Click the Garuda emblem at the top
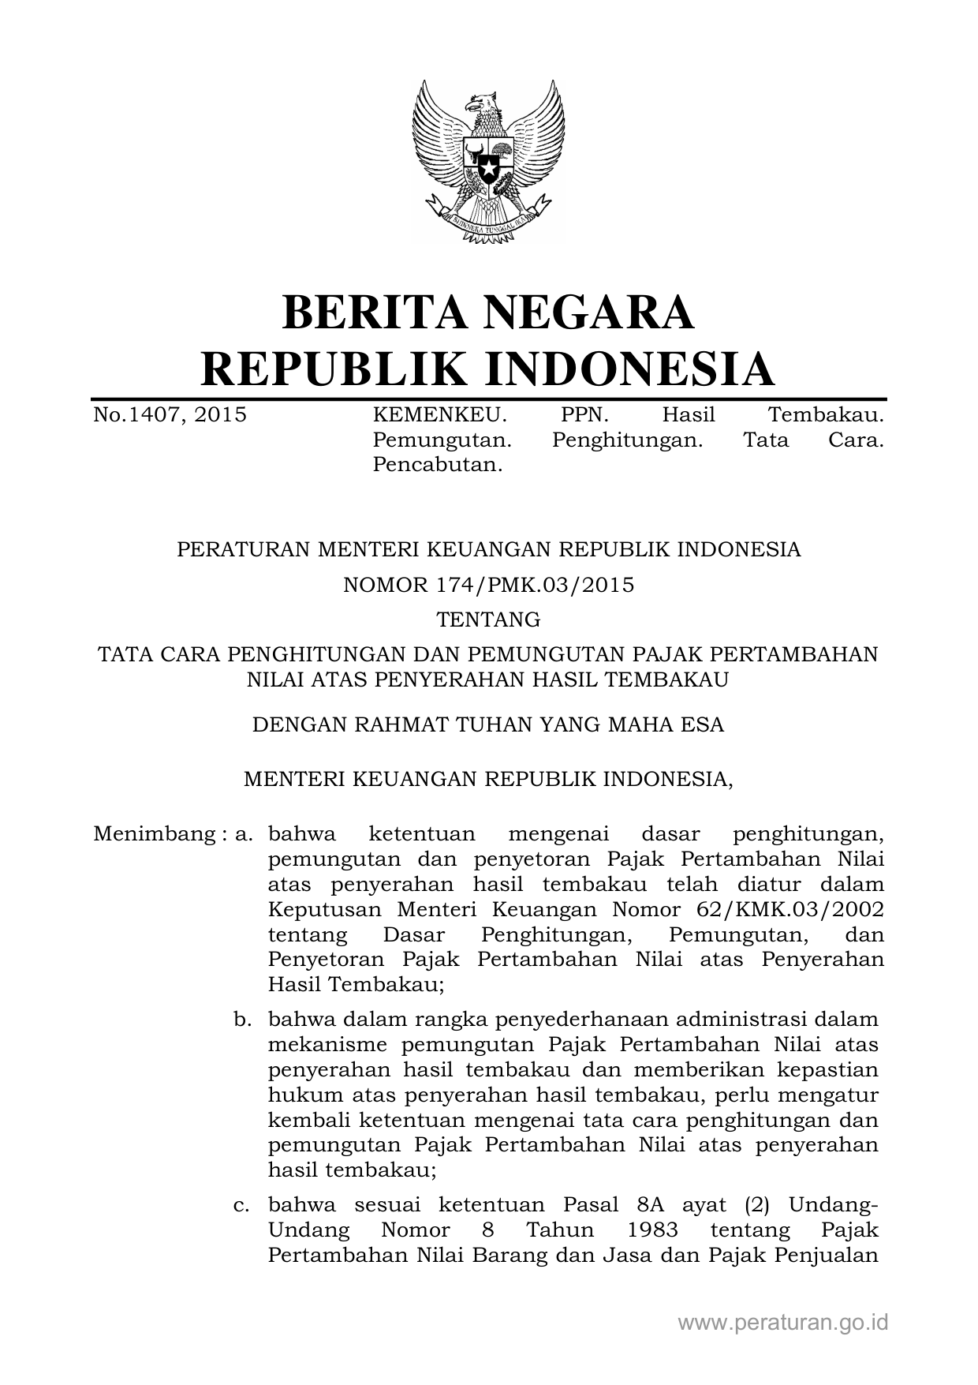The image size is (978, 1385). (488, 162)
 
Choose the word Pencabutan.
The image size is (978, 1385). (437, 465)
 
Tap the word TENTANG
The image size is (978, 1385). (488, 620)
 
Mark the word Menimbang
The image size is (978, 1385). (150, 834)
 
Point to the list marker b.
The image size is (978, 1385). (242, 1020)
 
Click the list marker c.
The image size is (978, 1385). (242, 1205)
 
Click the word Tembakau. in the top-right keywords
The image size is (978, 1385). (826, 415)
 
